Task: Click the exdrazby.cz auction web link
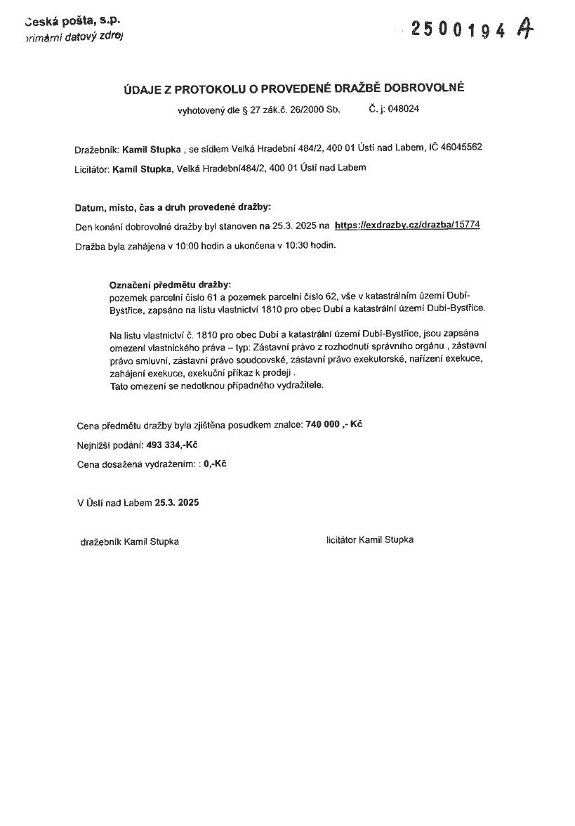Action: point(407,225)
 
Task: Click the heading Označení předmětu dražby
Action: point(170,285)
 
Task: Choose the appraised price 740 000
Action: point(323,425)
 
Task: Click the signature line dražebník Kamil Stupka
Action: point(130,542)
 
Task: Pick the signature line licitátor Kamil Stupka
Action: point(370,539)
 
